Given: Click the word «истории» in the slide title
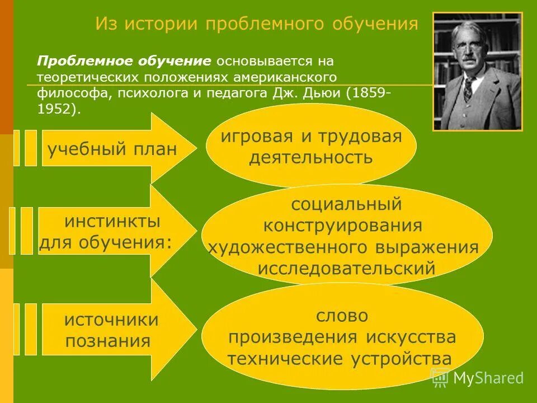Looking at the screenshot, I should pos(162,24).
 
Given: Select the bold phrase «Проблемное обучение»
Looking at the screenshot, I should pos(124,60).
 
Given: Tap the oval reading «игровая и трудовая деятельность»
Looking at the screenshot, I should pos(311,147).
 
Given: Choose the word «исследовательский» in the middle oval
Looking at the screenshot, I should pos(346,268).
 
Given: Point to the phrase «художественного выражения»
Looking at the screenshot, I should pos(343,247).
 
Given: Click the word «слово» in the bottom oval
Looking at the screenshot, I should pos(342,316).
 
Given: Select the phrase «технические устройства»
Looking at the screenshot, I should pos(339,358).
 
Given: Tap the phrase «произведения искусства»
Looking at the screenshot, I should pos(342,337).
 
